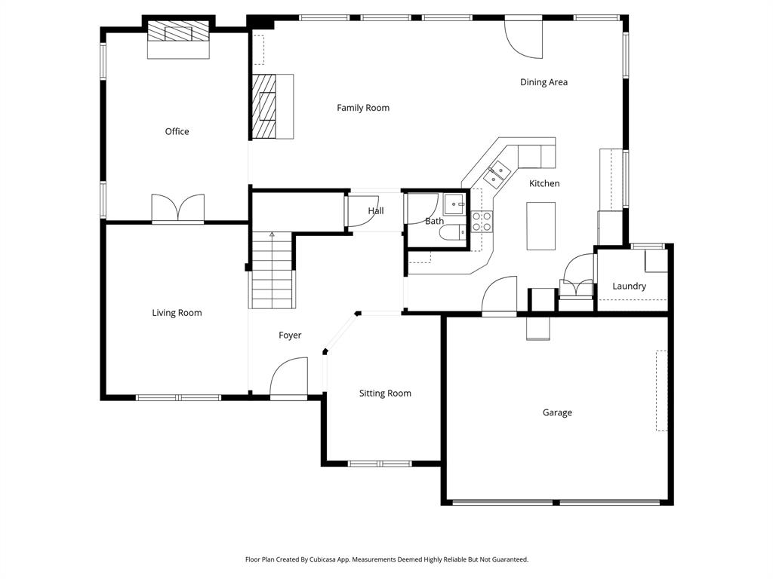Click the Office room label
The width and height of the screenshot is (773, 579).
point(177,131)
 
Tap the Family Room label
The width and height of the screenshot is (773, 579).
point(363,108)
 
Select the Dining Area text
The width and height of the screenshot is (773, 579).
point(544,82)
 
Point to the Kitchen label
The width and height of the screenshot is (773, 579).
point(544,183)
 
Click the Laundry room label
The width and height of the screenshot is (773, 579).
point(629,286)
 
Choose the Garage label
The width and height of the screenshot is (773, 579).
point(557,412)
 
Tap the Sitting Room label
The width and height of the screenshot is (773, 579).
point(385,394)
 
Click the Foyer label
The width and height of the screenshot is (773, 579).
point(290,335)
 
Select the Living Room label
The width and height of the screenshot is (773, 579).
point(177,313)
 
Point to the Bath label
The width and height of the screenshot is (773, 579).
point(434,222)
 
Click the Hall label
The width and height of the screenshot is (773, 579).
point(376,211)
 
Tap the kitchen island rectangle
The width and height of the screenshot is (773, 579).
point(540,226)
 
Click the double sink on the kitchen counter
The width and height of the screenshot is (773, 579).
point(495,175)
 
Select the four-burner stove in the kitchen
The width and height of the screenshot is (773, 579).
point(482,221)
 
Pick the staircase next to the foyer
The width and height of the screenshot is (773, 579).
point(272,271)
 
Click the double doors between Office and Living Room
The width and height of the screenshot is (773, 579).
point(177,209)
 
